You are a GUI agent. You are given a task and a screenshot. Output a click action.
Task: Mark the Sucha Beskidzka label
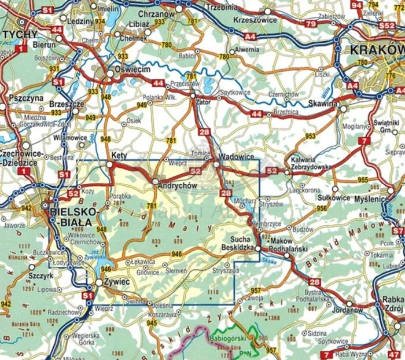(234, 243)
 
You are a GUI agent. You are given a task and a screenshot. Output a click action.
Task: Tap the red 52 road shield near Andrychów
(195, 172)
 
